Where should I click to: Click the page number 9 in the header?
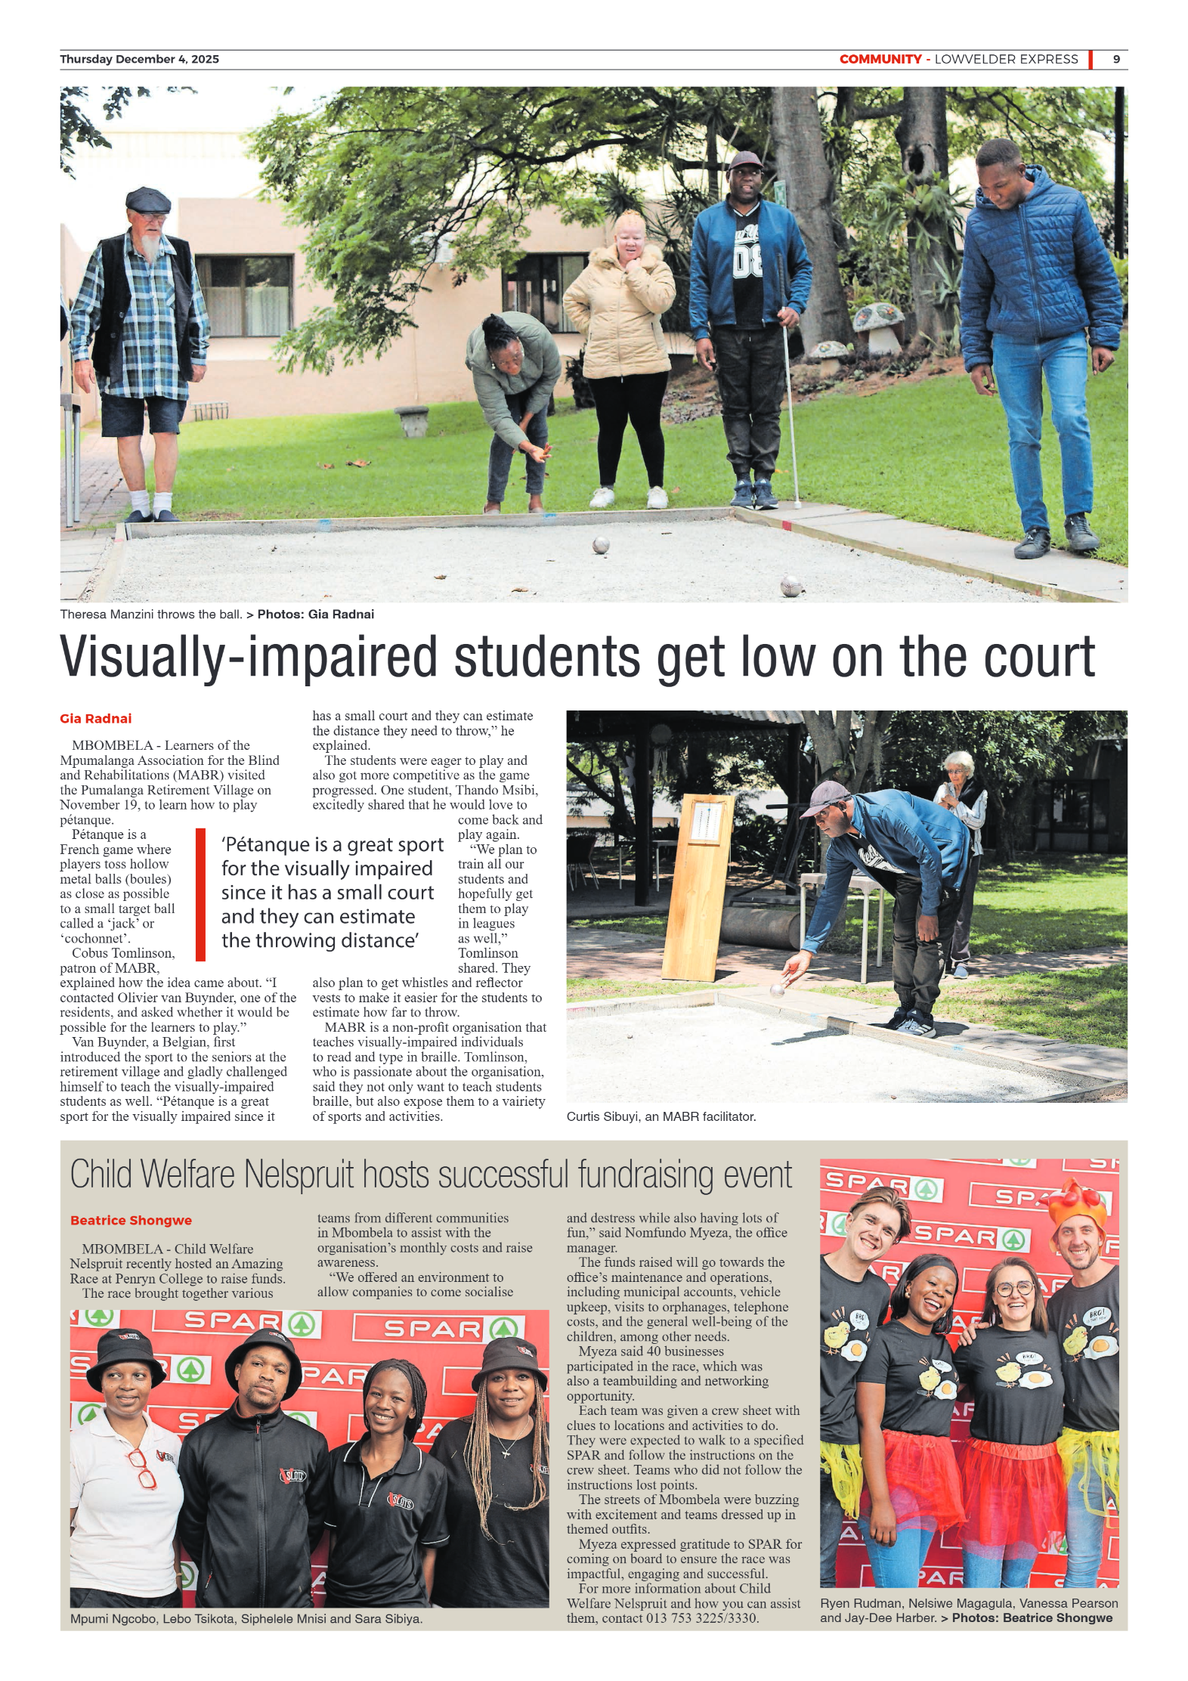(1115, 59)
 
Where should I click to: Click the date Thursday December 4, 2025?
(139, 59)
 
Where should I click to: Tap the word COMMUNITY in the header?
(880, 59)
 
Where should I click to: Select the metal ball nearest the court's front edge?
(790, 586)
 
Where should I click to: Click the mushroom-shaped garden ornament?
(877, 321)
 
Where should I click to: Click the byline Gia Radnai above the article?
(95, 718)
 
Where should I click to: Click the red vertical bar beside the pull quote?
(200, 895)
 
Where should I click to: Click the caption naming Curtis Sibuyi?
(661, 1116)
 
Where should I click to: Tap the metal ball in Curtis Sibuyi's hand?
(776, 989)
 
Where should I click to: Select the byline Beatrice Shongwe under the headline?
(131, 1221)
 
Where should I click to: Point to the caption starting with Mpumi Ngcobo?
(246, 1619)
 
